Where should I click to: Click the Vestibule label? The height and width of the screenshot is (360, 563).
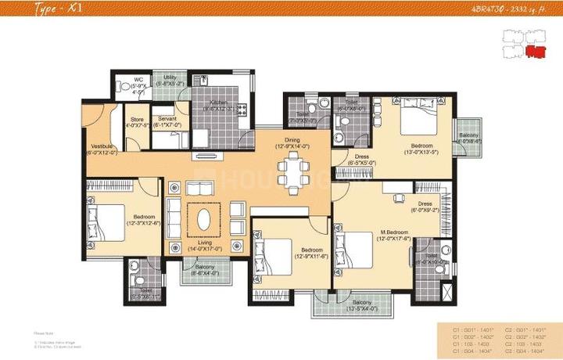pyautogui.click(x=103, y=149)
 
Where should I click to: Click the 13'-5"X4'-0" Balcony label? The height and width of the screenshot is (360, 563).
pyautogui.click(x=361, y=305)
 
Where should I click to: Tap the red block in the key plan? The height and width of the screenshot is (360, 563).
pyautogui.click(x=535, y=52)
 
